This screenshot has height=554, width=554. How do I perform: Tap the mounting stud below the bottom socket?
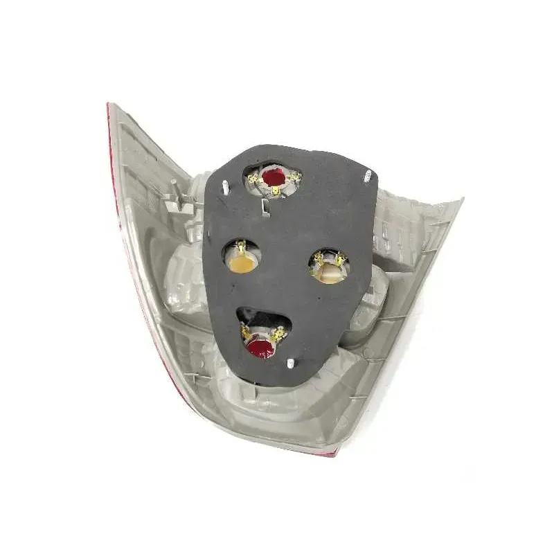tap(289, 364)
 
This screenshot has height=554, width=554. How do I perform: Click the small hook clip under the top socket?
tap(265, 205)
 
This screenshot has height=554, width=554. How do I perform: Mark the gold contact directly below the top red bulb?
tap(276, 191)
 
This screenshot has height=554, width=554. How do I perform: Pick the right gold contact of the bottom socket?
tap(278, 334)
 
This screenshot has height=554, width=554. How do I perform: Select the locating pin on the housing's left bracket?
tap(174, 185)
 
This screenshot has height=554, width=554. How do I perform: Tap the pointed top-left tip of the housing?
tap(110, 105)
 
